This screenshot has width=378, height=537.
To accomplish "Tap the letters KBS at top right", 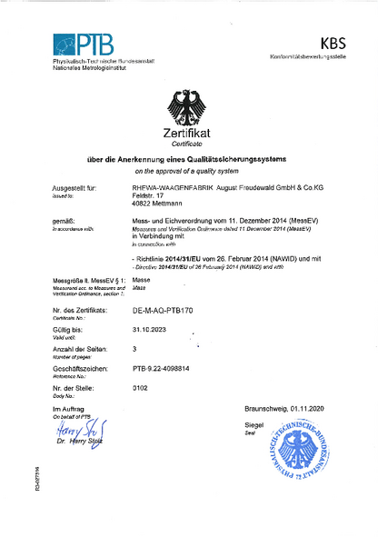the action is (x=333, y=43).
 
